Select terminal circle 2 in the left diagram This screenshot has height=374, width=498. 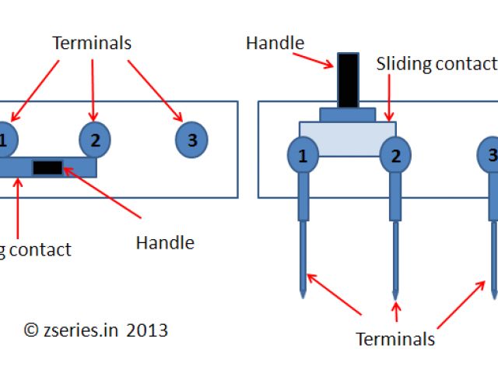[x=95, y=140]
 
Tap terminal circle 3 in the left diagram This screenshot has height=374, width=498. [x=191, y=140]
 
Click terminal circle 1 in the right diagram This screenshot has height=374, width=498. [x=303, y=156]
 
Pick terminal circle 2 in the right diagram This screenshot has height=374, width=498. [x=395, y=156]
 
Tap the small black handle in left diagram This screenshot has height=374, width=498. [x=47, y=167]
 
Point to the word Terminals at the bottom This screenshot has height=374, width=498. [x=395, y=339]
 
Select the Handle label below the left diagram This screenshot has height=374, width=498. [x=164, y=242]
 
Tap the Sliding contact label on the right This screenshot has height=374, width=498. [x=437, y=64]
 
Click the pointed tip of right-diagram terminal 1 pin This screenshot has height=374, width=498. [x=303, y=295]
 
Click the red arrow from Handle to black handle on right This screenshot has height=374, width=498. [x=315, y=55]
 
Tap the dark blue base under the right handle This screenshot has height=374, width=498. [x=348, y=115]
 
